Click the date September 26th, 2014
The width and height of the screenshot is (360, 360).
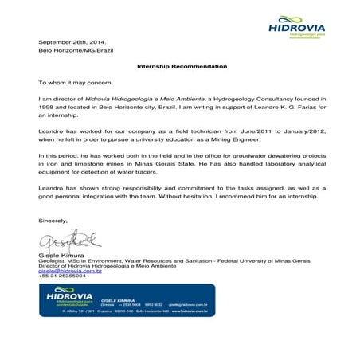click(x=72, y=41)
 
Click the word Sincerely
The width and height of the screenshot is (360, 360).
click(x=54, y=219)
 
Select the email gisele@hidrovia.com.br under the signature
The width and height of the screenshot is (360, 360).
click(x=70, y=271)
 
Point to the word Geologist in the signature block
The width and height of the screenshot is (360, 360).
click(x=53, y=260)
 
